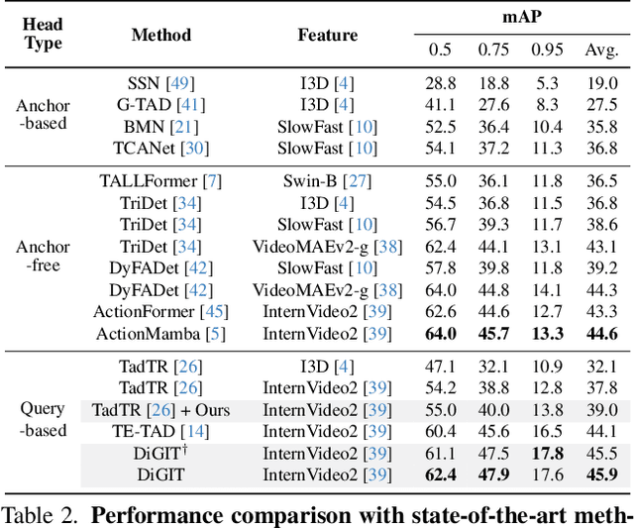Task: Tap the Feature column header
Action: [x=327, y=36]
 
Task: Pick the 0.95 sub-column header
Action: [x=547, y=50]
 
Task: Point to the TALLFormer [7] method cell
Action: [x=160, y=181]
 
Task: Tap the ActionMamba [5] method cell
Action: [x=161, y=334]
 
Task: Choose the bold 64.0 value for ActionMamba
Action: [x=441, y=334]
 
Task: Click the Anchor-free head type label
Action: [x=43, y=258]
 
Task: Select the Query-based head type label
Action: [x=43, y=419]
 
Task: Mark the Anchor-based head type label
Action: [x=43, y=115]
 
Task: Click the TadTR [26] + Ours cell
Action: [x=161, y=408]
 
